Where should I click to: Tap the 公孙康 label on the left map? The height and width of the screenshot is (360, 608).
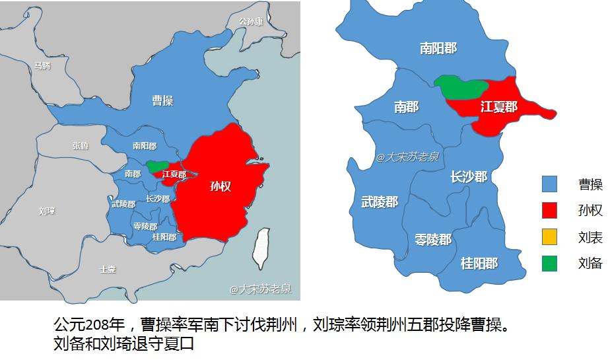pos(251,22)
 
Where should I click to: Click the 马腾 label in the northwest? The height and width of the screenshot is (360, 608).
pos(42,65)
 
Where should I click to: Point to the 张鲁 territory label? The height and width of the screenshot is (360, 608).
pos(81,146)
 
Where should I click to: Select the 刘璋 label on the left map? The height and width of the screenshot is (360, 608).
pos(46,211)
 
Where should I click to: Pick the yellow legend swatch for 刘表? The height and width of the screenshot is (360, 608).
pos(549,236)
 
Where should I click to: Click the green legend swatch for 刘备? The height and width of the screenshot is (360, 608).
pos(549,263)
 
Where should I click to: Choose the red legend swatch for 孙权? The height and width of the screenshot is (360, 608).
pos(549,210)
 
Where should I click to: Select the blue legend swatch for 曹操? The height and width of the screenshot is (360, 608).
pos(549,184)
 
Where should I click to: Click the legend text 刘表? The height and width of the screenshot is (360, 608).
pos(590,237)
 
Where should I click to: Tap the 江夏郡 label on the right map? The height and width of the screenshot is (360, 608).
pos(498,106)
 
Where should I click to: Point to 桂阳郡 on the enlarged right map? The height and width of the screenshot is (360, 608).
pos(479,264)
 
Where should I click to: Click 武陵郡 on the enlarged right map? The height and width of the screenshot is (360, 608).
pos(380,202)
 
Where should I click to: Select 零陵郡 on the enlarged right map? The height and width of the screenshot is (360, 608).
pos(433,240)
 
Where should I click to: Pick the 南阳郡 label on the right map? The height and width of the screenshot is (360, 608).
pos(438,48)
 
